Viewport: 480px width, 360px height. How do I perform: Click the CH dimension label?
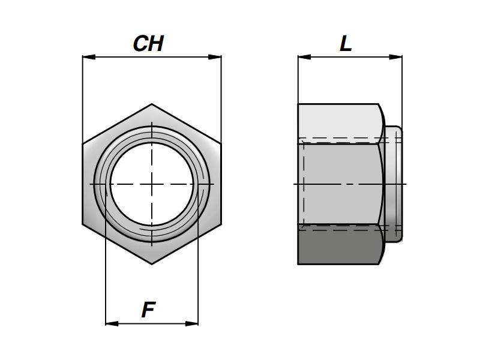pos(148,44)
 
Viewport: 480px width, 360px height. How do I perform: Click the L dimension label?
pos(346,44)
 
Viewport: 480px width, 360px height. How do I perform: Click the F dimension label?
pos(148,310)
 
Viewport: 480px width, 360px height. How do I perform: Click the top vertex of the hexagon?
pos(152,104)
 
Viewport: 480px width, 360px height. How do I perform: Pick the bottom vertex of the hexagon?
pos(152,263)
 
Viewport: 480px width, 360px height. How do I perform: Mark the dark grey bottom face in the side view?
pos(340,246)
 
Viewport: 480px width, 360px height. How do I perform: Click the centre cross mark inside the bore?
pos(152,184)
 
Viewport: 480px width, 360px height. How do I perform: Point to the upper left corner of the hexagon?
pos(83,144)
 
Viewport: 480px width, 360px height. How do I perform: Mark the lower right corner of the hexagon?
pos(221,224)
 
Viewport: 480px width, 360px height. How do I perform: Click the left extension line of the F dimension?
pos(106,270)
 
